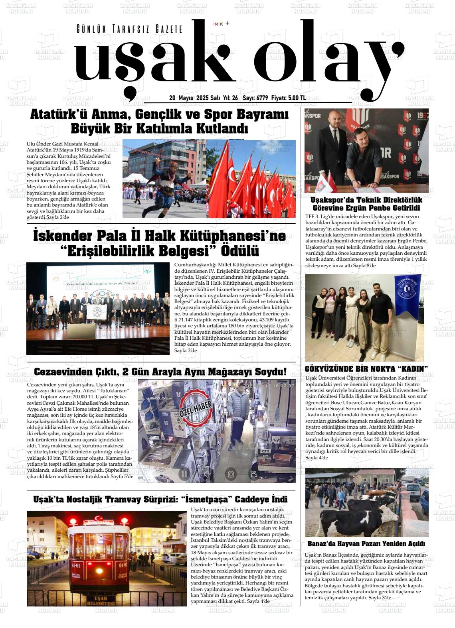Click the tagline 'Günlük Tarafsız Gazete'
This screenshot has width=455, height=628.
pos(129,29)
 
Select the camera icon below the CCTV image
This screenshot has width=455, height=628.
pos(231,474)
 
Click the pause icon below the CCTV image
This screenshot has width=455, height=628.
pos(184,474)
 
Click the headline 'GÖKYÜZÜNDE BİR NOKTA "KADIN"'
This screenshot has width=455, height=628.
pos(366,368)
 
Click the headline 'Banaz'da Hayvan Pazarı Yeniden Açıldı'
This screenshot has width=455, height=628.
pos(366,544)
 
